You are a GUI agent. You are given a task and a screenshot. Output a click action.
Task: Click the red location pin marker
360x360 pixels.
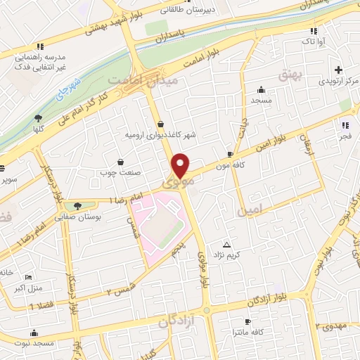pos(181,165)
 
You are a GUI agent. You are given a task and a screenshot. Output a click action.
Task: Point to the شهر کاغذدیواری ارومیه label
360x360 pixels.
pos(160,134)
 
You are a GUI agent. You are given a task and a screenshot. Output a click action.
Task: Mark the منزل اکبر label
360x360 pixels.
pos(30,288)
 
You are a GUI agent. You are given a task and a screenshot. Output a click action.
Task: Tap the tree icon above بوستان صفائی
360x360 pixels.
pos(78,205)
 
